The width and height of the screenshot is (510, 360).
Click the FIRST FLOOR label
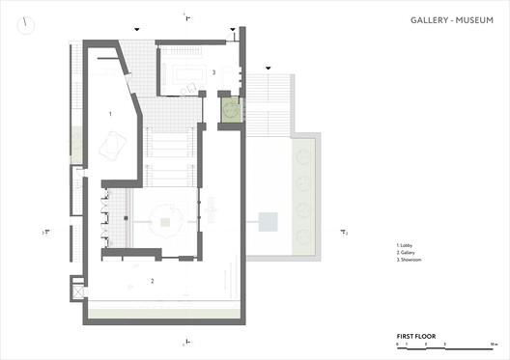point(415,336)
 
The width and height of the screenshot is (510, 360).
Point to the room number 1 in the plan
point(111,114)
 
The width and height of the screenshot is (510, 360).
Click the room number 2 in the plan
point(152,281)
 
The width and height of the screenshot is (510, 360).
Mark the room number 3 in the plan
point(213,72)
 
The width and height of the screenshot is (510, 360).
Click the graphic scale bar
point(445,346)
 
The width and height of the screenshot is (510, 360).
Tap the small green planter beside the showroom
point(230,110)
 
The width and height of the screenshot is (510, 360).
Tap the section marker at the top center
point(186,13)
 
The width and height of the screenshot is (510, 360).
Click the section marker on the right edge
point(344,231)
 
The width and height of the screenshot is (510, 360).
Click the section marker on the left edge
point(45,232)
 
